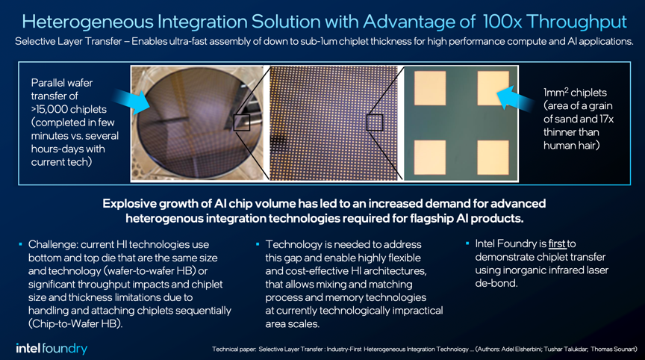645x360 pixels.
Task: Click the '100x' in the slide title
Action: click(x=502, y=22)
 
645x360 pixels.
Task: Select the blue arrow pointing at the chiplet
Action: click(x=515, y=99)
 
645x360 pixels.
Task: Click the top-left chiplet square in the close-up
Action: click(x=430, y=88)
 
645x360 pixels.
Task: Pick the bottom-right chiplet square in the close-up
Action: click(x=493, y=158)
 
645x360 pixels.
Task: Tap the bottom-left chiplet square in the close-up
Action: click(x=430, y=158)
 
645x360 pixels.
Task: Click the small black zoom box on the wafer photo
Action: click(x=242, y=122)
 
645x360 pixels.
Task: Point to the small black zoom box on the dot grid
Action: click(x=375, y=122)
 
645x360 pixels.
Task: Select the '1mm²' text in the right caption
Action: click(x=555, y=93)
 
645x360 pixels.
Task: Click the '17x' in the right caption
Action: click(x=606, y=120)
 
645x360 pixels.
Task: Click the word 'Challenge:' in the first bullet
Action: click(x=53, y=245)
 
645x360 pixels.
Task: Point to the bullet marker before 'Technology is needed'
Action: click(x=258, y=244)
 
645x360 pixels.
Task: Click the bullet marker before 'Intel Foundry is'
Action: click(x=467, y=243)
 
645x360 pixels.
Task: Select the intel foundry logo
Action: click(x=52, y=349)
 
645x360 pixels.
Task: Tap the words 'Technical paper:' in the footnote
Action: click(x=234, y=350)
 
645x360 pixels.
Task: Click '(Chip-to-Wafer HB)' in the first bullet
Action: click(x=75, y=324)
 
